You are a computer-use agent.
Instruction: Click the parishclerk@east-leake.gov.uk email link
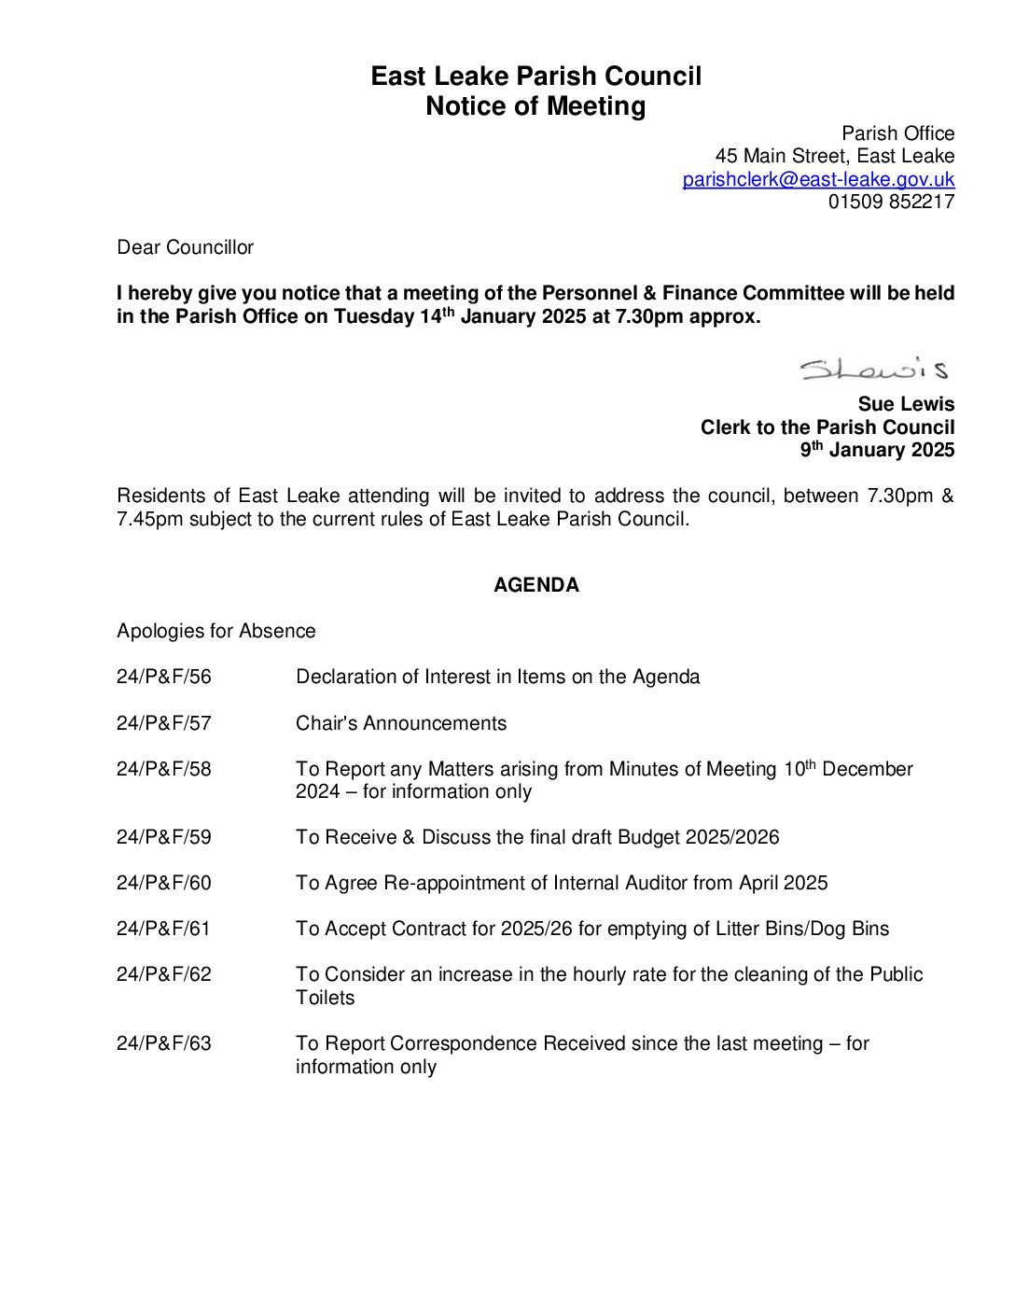coord(818,179)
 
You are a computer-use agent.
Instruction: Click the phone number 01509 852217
coord(891,202)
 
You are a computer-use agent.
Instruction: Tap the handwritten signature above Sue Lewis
coord(873,370)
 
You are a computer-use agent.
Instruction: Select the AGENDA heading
coord(535,585)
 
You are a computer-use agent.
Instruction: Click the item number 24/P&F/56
coord(164,677)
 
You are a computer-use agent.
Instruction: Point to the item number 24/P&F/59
coord(164,837)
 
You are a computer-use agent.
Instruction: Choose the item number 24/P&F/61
coord(164,929)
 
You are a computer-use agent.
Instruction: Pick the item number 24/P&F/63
coord(164,1043)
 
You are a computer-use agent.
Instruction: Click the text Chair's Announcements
coord(401,723)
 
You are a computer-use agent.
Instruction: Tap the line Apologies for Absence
coord(216,631)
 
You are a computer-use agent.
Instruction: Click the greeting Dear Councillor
coord(185,247)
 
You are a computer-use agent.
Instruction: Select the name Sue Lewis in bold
coord(906,404)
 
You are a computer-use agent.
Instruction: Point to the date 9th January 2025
coord(877,450)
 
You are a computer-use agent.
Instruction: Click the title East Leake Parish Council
coord(535,77)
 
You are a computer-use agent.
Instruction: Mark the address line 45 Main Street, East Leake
coord(834,156)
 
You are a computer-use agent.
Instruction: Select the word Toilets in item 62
coord(325,998)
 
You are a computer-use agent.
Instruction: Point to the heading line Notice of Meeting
coord(535,106)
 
